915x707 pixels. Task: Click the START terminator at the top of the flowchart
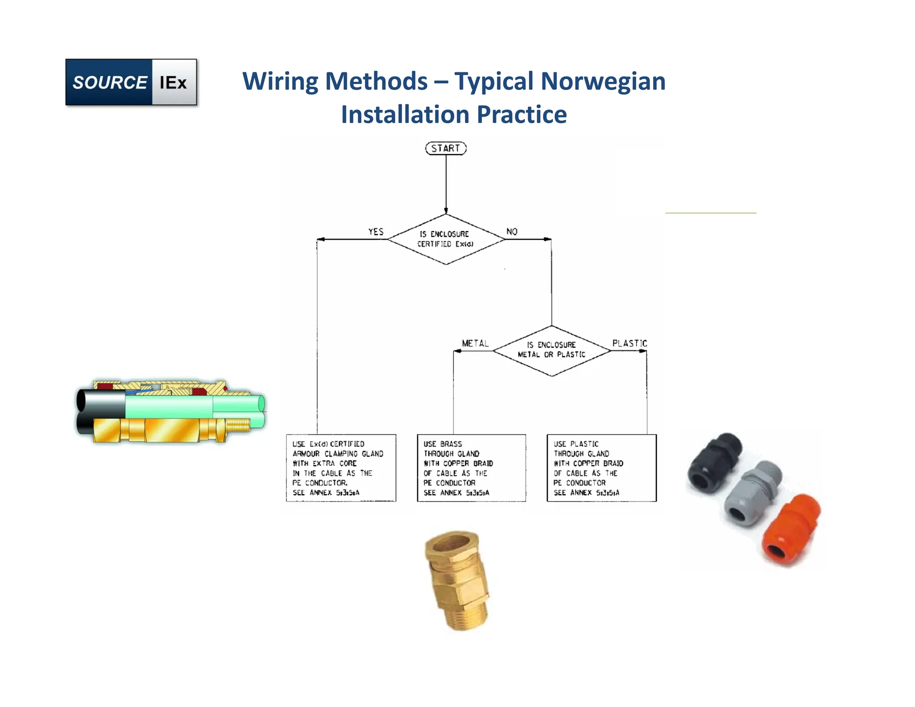tap(445, 148)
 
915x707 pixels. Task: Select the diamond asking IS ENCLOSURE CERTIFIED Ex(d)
tap(445, 239)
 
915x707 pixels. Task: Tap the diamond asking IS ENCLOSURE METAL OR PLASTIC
tap(551, 350)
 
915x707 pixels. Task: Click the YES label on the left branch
tap(376, 231)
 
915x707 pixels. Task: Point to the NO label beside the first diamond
tap(512, 231)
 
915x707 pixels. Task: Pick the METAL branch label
tap(475, 343)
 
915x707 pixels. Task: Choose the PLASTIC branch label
tap(630, 343)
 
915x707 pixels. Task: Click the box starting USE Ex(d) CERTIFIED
tap(341, 468)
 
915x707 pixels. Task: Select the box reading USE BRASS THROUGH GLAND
tap(471, 468)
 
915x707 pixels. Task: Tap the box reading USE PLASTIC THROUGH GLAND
tap(601, 468)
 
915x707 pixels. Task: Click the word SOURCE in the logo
tap(109, 83)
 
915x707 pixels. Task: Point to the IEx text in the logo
tap(173, 83)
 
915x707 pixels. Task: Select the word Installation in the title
tap(405, 114)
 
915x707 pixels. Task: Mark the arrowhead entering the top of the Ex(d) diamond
tap(446, 211)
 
